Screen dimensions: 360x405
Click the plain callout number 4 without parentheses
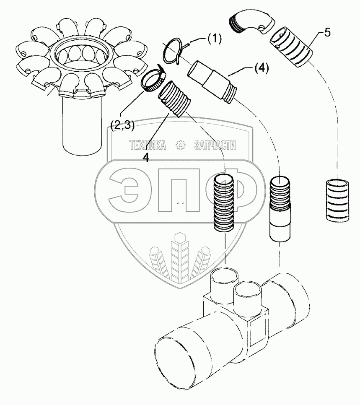click(x=145, y=158)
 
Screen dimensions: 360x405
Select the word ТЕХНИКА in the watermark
click(x=148, y=145)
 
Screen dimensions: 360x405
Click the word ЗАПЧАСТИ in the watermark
click(x=215, y=145)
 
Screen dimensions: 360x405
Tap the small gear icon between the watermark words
click(x=181, y=145)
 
